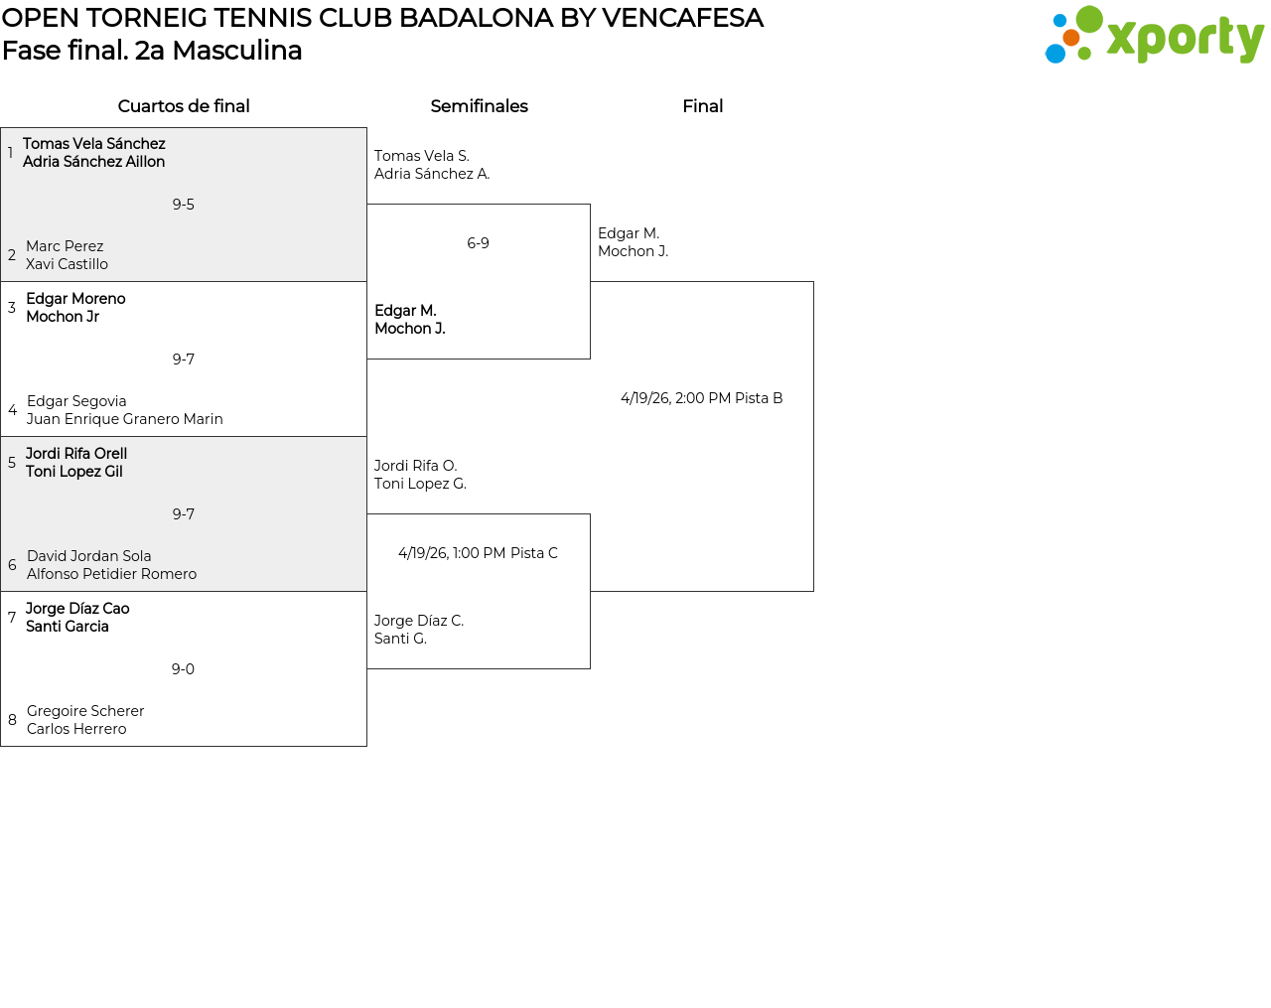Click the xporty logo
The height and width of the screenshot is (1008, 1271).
[x=1154, y=35]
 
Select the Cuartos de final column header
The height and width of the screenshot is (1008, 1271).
[x=184, y=106]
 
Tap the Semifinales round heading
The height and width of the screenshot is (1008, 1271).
[x=479, y=106]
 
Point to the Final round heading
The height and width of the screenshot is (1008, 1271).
[x=702, y=106]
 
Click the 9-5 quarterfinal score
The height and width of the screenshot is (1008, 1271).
[x=183, y=205]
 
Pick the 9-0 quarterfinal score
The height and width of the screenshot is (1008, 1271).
[x=183, y=668]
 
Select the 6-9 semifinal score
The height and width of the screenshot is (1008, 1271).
[x=478, y=243]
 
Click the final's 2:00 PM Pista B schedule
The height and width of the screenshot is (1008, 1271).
[x=702, y=398]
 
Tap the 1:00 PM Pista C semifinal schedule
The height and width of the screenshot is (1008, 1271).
[x=478, y=553]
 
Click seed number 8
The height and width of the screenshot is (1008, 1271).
[x=12, y=720]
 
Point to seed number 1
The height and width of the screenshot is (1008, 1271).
[x=10, y=152]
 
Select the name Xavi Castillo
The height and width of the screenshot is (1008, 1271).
[x=67, y=264]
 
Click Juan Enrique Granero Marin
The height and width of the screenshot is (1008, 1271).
[x=125, y=419]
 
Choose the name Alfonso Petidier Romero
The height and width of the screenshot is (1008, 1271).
[x=111, y=574]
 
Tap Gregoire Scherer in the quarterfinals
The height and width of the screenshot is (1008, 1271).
[x=85, y=711]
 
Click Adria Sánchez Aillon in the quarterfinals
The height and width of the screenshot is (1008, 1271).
[x=94, y=161]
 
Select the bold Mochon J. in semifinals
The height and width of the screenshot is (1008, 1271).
[x=410, y=329]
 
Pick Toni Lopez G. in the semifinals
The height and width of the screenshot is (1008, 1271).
[x=420, y=484]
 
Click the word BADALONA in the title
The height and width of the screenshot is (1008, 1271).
[x=476, y=18]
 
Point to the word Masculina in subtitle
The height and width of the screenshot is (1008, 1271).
[x=237, y=51]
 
